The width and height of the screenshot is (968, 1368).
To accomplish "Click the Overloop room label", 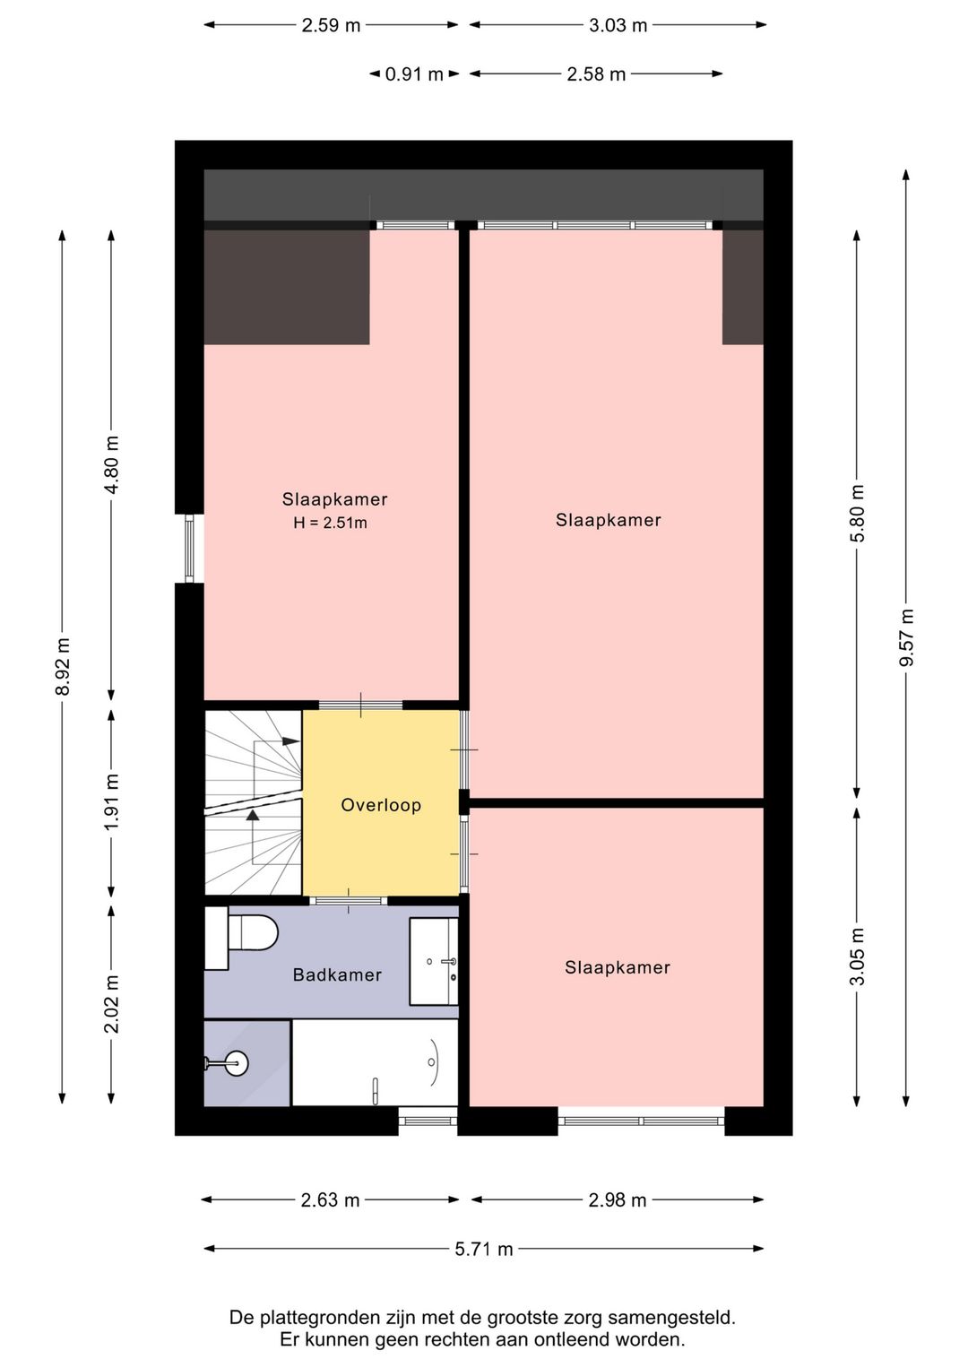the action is (x=381, y=805).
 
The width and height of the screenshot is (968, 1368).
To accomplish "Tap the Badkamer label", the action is (x=337, y=974).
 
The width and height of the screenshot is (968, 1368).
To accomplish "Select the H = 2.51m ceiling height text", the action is (x=331, y=523).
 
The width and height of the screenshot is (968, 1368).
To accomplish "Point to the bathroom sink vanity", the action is (x=434, y=961).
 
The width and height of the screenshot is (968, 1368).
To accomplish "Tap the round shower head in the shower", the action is (x=236, y=1063).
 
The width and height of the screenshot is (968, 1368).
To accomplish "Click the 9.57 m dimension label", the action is (x=906, y=637).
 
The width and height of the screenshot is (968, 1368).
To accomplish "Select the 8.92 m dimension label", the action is (x=63, y=666).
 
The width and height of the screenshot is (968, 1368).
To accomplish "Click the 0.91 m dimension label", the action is (x=414, y=74).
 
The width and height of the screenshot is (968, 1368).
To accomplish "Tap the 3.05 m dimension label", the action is (x=858, y=957).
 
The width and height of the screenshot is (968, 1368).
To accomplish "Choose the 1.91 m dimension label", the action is (x=111, y=801).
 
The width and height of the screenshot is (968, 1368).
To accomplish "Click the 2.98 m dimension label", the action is (x=618, y=1200).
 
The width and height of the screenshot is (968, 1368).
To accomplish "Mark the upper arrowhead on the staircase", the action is (x=291, y=741).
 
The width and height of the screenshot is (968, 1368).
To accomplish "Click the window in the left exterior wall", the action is (x=189, y=549).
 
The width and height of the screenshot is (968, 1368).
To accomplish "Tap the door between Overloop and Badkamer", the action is (x=348, y=901).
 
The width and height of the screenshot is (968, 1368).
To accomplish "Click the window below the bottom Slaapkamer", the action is (x=641, y=1121).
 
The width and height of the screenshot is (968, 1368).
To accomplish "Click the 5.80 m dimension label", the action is (x=858, y=513).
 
